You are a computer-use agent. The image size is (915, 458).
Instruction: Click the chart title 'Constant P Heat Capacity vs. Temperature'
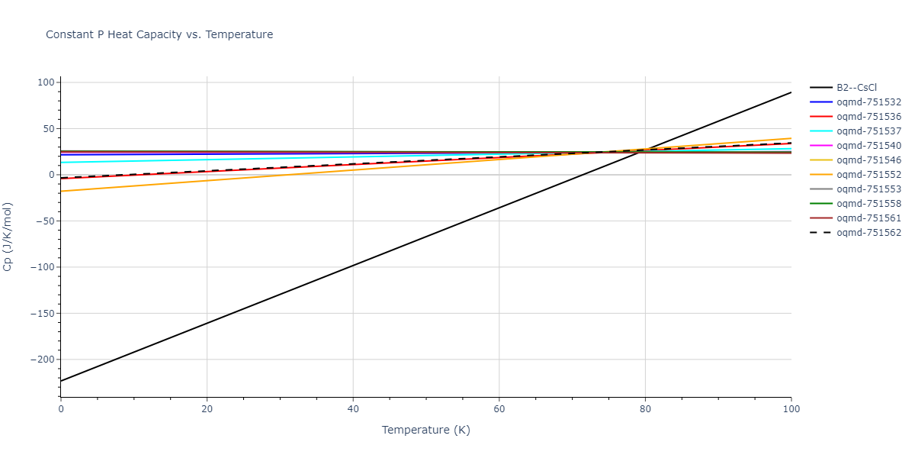159,34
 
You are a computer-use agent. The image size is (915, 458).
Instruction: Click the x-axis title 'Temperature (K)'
426,430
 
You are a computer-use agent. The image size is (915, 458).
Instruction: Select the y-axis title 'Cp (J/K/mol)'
8,237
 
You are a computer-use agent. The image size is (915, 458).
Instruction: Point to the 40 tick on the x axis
353,409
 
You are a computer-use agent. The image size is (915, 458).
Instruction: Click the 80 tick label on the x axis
645,409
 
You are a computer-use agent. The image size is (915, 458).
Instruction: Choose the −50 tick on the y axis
45,221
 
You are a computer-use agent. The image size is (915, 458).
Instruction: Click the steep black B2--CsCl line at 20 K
207,323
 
